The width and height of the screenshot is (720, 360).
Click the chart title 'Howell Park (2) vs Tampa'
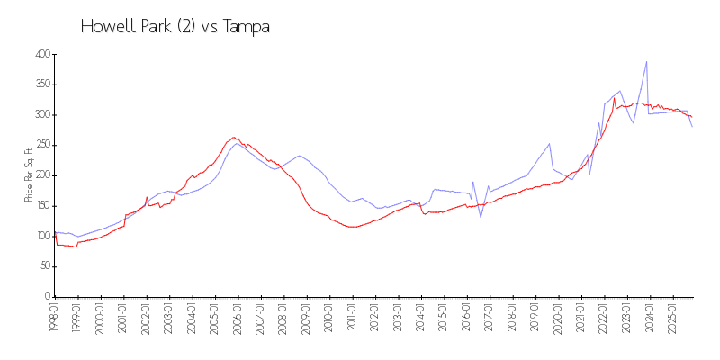[175, 27]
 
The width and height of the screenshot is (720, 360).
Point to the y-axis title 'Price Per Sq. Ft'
[30, 175]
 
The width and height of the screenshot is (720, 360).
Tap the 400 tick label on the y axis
[40, 55]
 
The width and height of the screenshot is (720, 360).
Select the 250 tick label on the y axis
[40, 146]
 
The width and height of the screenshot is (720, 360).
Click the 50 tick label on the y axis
[43, 266]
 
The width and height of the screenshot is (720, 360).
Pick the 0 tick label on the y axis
[46, 296]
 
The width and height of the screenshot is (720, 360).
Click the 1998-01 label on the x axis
[55, 317]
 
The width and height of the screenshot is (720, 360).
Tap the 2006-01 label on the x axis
[238, 317]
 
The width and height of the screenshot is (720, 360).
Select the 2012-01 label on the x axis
[376, 317]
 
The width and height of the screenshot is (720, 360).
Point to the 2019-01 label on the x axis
[536, 317]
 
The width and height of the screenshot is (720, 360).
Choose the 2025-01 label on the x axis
[674, 317]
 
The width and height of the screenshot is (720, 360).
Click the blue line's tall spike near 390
[646, 62]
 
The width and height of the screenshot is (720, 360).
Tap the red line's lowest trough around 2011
[352, 227]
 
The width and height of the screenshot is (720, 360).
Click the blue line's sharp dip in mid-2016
[481, 217]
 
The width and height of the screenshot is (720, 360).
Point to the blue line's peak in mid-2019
[549, 143]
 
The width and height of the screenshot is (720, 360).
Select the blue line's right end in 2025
[692, 127]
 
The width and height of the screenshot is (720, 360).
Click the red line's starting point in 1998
[55, 236]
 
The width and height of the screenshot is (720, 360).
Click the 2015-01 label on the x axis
[445, 317]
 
